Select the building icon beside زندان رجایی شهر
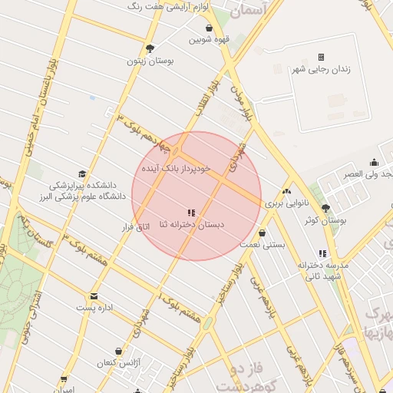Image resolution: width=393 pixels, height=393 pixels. click(x=321, y=57)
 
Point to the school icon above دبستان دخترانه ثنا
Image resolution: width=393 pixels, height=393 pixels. click(x=191, y=212)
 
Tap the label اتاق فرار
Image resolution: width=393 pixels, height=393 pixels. click(x=139, y=227)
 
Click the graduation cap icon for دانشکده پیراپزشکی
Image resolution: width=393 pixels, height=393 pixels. click(x=82, y=174)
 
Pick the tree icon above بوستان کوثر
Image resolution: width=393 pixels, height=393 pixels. click(x=325, y=208)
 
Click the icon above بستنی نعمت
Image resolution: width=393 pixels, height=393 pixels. click(x=263, y=232)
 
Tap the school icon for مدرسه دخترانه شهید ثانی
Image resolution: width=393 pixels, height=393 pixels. click(x=322, y=253)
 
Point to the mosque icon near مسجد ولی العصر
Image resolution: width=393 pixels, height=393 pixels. click(x=374, y=162)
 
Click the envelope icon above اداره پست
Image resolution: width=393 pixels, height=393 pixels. click(x=94, y=296)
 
